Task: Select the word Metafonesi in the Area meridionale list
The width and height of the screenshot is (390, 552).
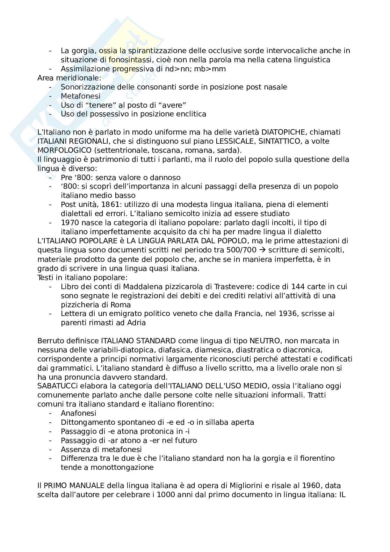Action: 80,96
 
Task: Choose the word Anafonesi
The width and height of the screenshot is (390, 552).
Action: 78,413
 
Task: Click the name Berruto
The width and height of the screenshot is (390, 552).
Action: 50,341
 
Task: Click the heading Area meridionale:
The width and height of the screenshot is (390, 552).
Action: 69,78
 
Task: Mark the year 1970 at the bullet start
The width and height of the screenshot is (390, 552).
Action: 70,223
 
